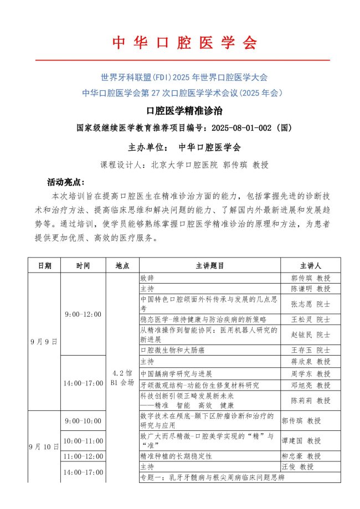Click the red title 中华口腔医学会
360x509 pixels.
pyautogui.click(x=185, y=43)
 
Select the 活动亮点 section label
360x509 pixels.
pyautogui.click(x=65, y=182)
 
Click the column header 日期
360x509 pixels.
pyautogui.click(x=44, y=265)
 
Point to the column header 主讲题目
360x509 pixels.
pyautogui.click(x=210, y=265)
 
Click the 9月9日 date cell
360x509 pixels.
pyautogui.click(x=44, y=341)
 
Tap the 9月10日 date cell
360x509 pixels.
pyautogui.click(x=44, y=446)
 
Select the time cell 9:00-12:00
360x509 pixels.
pyautogui.click(x=83, y=314)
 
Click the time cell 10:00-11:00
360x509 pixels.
pyautogui.click(x=83, y=441)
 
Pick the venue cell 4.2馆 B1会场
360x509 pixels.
pyautogui.click(x=122, y=377)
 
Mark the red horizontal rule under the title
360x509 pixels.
pyautogui.click(x=183, y=60)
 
